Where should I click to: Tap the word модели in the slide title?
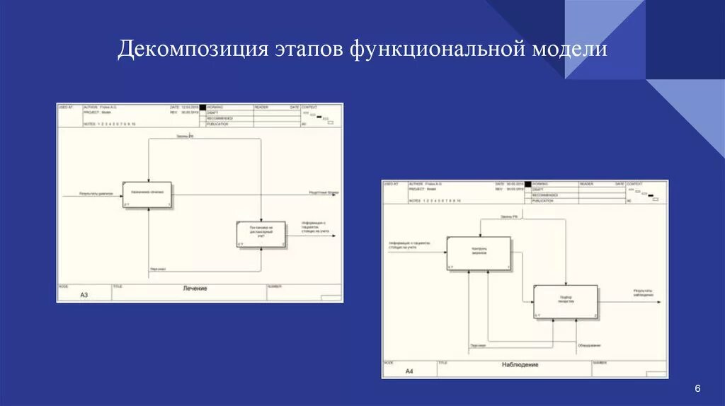click(571, 50)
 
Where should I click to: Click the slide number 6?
click(697, 389)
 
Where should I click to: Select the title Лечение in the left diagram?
click(195, 289)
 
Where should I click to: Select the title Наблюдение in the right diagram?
click(520, 365)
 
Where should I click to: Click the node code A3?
click(84, 294)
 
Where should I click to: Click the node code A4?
click(409, 371)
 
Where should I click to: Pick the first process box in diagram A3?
click(147, 195)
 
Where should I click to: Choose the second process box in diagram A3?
click(261, 235)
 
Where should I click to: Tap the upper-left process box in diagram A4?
click(478, 253)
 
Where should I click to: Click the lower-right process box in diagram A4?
click(565, 302)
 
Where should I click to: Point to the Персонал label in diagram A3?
click(158, 269)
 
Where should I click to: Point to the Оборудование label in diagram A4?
click(588, 345)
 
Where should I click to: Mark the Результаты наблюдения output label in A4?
click(643, 293)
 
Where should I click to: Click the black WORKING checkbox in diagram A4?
click(527, 184)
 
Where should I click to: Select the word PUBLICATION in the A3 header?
click(217, 124)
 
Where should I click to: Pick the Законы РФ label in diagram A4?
click(510, 216)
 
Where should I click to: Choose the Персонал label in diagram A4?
click(477, 345)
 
